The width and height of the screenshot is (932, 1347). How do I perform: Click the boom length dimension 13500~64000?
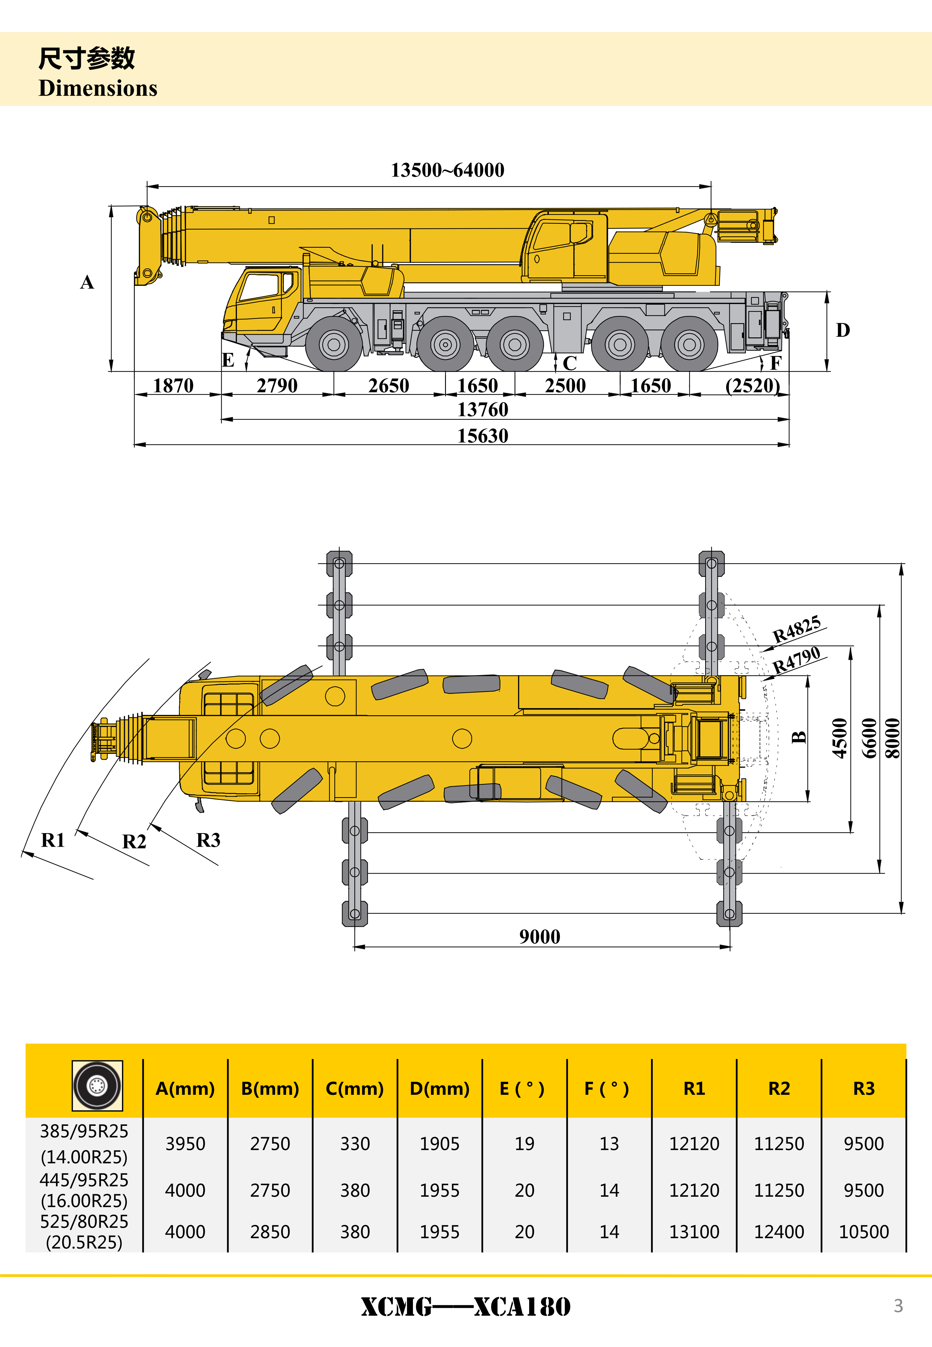pos(447,170)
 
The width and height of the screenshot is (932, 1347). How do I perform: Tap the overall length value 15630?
pos(483,436)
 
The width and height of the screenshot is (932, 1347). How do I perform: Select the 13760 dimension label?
pos(483,410)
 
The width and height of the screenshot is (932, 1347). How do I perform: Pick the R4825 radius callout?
pos(796,629)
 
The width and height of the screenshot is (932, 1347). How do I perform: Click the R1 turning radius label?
pos(52,840)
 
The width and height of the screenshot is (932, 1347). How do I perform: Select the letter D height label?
pos(843,330)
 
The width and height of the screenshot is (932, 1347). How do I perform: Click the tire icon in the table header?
pos(97,1085)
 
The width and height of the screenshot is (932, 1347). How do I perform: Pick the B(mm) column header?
pos(270,1088)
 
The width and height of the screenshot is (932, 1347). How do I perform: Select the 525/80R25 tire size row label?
pos(84,1221)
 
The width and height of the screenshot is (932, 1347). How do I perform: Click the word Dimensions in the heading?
pos(98,88)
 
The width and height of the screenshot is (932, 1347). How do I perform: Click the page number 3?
pos(898,1306)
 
